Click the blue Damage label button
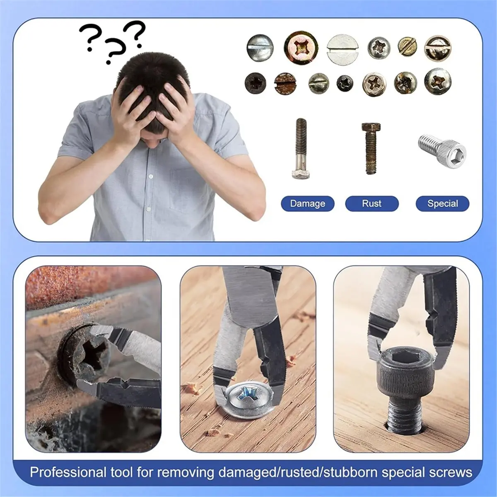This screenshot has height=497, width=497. tap(307, 204)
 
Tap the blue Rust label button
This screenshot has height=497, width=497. tap(372, 204)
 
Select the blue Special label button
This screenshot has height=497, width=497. tap(442, 204)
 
